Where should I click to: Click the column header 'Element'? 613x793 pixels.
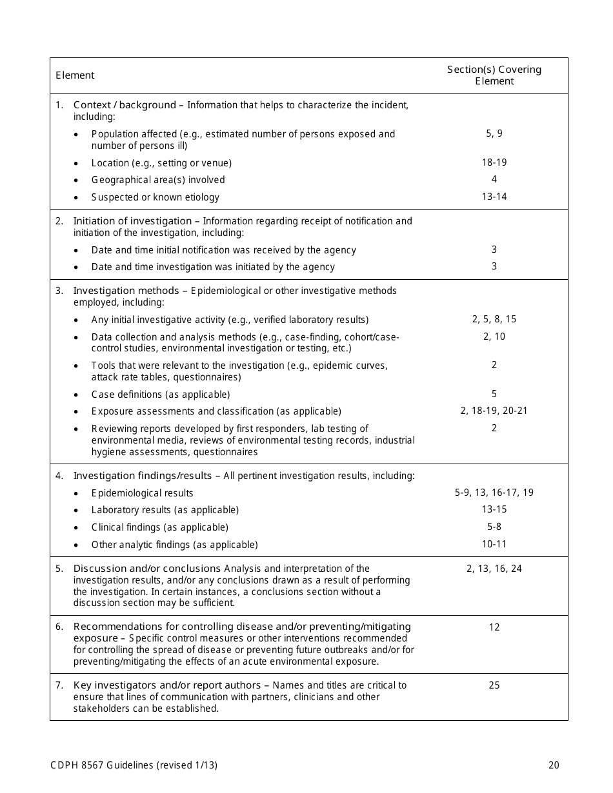coord(75,75)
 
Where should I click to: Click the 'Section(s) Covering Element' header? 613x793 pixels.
coord(494,75)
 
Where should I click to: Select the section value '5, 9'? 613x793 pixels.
coord(494,133)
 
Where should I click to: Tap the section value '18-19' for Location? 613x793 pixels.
coord(494,162)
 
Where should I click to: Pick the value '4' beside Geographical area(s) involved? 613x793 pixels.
coord(494,179)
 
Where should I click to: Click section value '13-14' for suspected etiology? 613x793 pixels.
coord(494,197)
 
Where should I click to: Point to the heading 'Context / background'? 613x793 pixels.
coord(125,104)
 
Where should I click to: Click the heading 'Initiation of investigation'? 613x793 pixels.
coord(132,221)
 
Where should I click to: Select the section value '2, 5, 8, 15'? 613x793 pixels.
coord(494,319)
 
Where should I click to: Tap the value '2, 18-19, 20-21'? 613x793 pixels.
coord(494,411)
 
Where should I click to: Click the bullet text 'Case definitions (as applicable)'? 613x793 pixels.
coord(161,394)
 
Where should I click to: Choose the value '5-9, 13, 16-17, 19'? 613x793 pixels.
coord(494,493)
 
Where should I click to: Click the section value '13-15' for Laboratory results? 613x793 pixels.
coord(494,509)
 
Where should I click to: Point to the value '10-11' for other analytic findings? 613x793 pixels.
coord(494,544)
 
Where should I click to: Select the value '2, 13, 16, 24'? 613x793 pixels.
coord(494,569)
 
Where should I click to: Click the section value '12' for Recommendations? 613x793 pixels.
coord(494,627)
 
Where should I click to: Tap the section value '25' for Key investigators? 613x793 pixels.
coord(494,685)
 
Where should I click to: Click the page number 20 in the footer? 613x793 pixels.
coord(554,765)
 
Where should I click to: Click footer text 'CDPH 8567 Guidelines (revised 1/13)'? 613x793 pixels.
coord(134,765)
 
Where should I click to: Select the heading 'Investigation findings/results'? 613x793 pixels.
coord(143,476)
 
